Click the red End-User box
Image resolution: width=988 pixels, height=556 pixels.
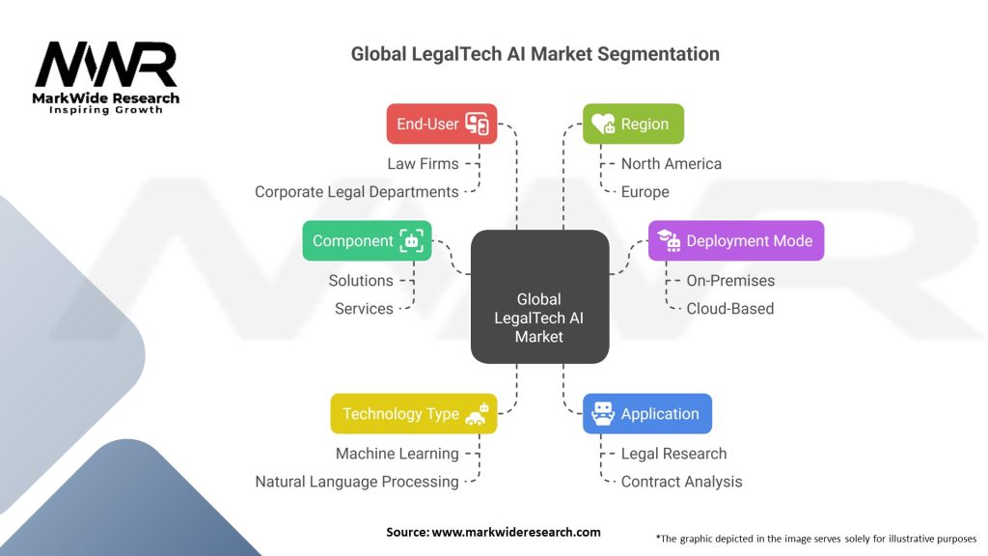tap(441, 124)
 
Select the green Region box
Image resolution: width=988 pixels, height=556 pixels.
tap(633, 124)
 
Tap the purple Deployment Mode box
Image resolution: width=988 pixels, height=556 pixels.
tap(736, 240)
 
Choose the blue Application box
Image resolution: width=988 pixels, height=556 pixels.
tap(647, 413)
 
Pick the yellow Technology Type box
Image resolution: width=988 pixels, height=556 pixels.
tap(414, 413)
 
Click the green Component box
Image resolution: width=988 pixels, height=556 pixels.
tap(367, 240)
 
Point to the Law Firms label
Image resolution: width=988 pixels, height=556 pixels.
tap(423, 164)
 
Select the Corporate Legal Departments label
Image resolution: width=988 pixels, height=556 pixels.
tap(356, 192)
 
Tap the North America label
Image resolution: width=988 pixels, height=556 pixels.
tap(671, 164)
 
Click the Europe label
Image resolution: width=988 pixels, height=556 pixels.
tap(645, 192)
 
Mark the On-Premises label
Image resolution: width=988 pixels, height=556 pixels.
tap(730, 281)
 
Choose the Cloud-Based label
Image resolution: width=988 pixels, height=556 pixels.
tap(729, 309)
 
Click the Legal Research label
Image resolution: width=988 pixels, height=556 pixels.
tap(673, 454)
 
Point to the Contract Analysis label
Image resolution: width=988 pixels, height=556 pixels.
tap(681, 482)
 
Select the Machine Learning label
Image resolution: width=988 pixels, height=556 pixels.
tap(397, 454)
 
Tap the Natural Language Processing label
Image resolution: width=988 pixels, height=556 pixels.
tap(357, 482)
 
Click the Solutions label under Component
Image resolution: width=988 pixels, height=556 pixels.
tap(361, 281)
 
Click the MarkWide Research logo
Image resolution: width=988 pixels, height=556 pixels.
tap(106, 77)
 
